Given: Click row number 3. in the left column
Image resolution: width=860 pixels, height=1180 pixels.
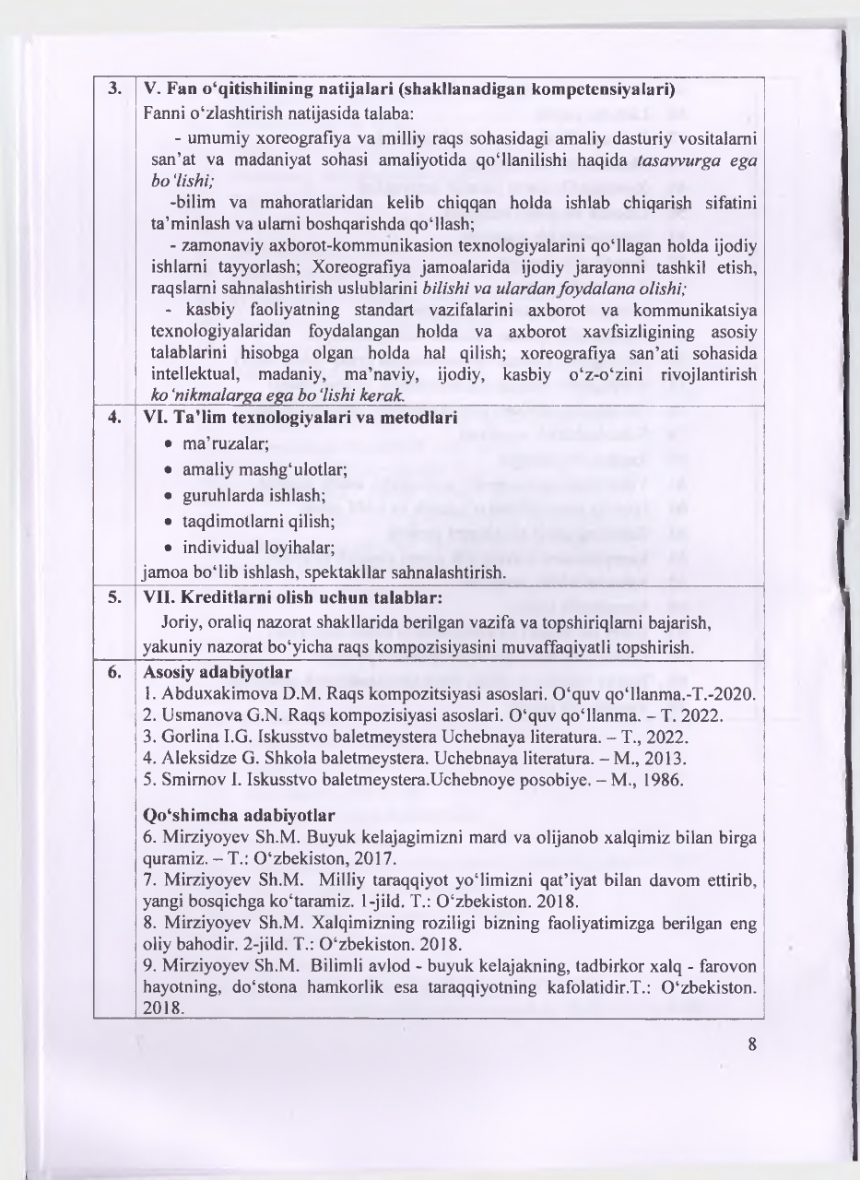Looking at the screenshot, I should (114, 89).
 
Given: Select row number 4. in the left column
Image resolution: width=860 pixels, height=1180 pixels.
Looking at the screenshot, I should (114, 417).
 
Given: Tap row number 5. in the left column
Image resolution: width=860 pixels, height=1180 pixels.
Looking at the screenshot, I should (114, 596).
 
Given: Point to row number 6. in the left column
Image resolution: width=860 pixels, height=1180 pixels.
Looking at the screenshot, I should (114, 672).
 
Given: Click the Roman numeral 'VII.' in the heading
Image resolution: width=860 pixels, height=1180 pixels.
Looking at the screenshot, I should (158, 596).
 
